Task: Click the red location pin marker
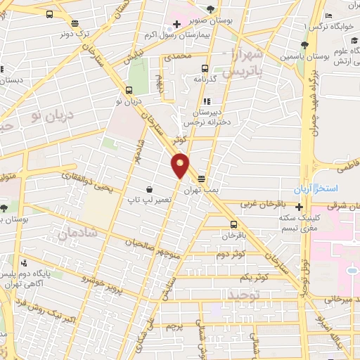point(180,165)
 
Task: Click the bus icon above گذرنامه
point(205,69)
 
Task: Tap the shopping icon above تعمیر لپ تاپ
point(150,189)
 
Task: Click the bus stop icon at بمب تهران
point(202,179)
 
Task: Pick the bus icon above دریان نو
point(129,90)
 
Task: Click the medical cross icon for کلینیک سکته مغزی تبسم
point(300,207)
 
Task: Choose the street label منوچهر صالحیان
point(148,247)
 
